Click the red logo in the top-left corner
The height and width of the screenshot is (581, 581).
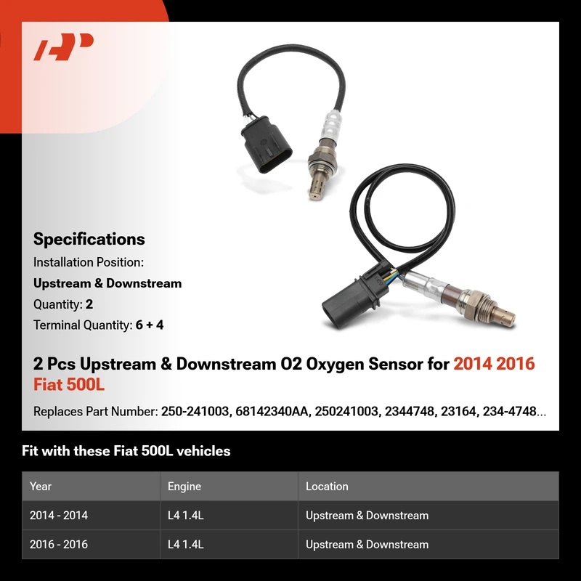[63, 46]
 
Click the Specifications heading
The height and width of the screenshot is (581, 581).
[89, 239]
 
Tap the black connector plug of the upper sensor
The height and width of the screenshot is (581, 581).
[266, 145]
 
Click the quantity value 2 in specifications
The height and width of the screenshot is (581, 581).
[89, 304]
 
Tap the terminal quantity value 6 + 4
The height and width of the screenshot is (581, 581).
[150, 325]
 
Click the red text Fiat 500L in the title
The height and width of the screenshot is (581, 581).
[69, 384]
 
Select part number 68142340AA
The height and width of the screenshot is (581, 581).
[271, 411]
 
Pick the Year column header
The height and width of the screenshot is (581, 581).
[41, 486]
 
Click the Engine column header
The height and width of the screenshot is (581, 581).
[184, 486]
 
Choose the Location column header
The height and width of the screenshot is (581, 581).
[327, 486]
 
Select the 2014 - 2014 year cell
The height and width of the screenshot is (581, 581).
[59, 516]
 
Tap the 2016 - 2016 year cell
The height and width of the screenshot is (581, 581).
[59, 544]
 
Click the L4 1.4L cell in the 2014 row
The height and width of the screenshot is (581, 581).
[186, 516]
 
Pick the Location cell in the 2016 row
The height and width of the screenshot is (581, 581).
[367, 544]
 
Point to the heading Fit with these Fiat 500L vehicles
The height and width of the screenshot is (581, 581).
[126, 451]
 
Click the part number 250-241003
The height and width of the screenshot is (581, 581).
[195, 411]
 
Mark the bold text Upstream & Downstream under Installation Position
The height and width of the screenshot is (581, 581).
[107, 283]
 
